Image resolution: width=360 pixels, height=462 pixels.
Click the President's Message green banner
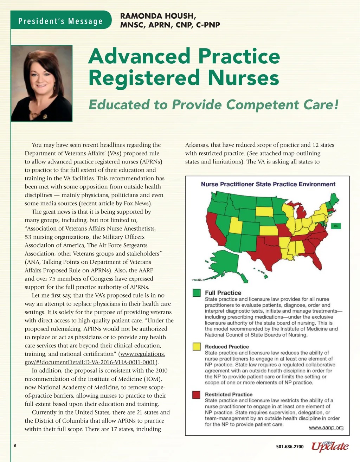click(x=60, y=21)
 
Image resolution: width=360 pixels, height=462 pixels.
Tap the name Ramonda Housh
click(x=157, y=16)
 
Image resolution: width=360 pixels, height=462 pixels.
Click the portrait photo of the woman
click(x=42, y=83)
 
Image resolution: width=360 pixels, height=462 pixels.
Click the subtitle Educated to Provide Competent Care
click(x=213, y=105)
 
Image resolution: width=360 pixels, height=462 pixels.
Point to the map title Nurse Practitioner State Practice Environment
click(x=268, y=184)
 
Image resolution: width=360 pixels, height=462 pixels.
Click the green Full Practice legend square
click(x=197, y=293)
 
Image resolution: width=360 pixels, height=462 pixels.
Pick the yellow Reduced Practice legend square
click(x=197, y=347)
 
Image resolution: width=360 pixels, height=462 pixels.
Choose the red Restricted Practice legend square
click(x=197, y=394)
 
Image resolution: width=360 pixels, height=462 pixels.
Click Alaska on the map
click(x=224, y=264)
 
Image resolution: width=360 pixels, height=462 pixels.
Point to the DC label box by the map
click(x=335, y=226)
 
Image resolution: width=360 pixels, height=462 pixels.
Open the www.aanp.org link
click(x=326, y=428)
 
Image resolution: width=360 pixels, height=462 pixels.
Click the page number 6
click(x=15, y=446)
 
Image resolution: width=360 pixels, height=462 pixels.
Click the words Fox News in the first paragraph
click(x=136, y=204)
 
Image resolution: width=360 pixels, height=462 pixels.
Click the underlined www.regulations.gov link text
click(x=142, y=354)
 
